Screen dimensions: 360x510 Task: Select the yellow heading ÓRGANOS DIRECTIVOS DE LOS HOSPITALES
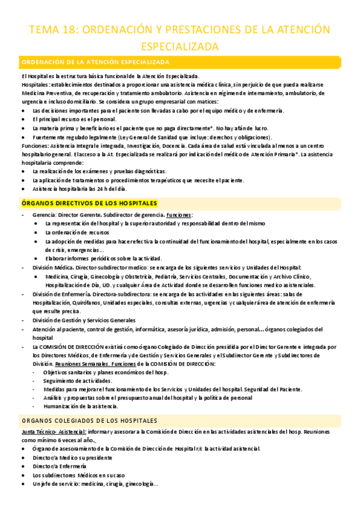[89, 203]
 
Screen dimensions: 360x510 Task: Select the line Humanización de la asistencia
[81, 407]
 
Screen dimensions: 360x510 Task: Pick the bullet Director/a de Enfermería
[59, 466]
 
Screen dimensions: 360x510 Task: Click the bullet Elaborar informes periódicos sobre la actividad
[103, 259]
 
